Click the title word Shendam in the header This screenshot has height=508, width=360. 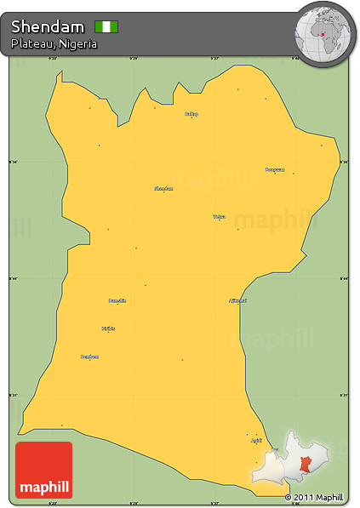tap(48, 27)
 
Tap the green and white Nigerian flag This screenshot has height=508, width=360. tap(106, 27)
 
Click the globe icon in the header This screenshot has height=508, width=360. tap(323, 32)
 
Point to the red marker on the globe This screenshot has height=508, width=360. tap(324, 37)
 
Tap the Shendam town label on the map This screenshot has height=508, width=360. tap(163, 188)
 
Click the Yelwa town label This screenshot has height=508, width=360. tap(220, 216)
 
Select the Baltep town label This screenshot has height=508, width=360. tap(191, 113)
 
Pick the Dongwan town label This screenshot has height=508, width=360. tap(273, 169)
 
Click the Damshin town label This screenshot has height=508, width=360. tap(117, 300)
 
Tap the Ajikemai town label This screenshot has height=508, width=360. tap(237, 300)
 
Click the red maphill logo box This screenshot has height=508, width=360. tap(43, 470)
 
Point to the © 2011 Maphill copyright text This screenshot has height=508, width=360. tap(314, 497)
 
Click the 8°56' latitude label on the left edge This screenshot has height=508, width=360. tap(13, 161)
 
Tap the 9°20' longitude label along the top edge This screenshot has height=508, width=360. tap(52, 59)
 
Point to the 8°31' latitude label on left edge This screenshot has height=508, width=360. tap(13, 395)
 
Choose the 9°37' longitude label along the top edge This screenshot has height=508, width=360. tap(214, 59)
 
